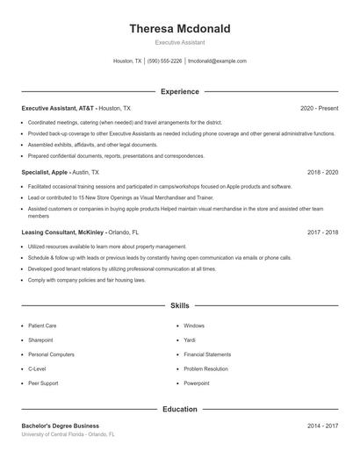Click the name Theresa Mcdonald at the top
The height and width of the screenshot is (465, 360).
pos(180,29)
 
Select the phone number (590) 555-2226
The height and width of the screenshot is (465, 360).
pos(165,61)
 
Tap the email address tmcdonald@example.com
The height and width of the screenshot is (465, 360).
pos(218,61)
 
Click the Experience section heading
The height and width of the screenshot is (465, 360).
pos(180,91)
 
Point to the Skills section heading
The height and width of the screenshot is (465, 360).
pos(180,306)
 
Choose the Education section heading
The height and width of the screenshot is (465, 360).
pos(180,409)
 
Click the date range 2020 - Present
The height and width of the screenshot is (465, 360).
pos(319,108)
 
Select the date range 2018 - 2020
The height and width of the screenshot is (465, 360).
pos(322,173)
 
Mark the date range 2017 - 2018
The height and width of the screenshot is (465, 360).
pos(322,232)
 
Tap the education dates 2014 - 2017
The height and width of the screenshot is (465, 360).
pos(322,426)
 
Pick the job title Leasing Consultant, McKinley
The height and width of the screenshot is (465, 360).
pos(64,232)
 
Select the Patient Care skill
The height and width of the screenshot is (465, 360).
pos(42,325)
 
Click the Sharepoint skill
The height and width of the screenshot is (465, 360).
pos(40,340)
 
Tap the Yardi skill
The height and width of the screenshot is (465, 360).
pos(190,340)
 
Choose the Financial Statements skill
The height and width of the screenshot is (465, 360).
pos(206,354)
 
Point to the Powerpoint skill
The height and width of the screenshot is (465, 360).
pos(197,383)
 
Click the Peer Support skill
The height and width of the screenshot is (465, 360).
pos(43,383)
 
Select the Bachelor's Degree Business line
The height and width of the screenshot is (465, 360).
pos(61,426)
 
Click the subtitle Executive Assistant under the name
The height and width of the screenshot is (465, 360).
pos(180,42)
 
